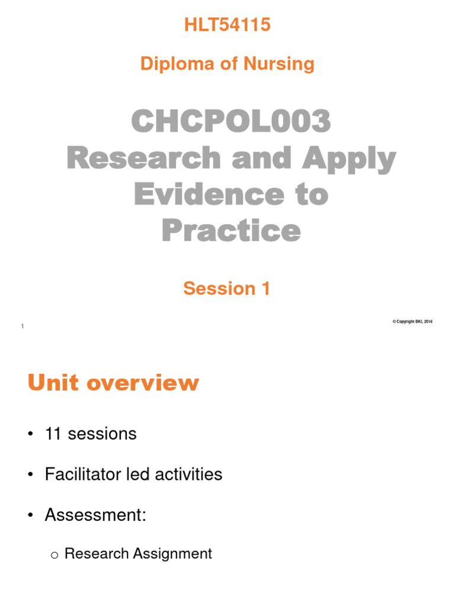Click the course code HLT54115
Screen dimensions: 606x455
coord(227,25)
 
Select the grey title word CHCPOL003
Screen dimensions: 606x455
coord(230,123)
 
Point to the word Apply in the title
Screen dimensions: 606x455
coord(355,159)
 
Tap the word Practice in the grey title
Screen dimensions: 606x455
coord(230,231)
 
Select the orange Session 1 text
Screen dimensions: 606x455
coord(227,288)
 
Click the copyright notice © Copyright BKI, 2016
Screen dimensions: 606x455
coord(412,321)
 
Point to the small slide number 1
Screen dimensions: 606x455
coord(22,327)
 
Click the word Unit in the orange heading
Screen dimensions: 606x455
coord(53,383)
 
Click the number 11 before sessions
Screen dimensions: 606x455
coord(54,434)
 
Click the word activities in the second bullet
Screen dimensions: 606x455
coord(187,474)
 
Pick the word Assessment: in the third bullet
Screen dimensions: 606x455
coord(95,515)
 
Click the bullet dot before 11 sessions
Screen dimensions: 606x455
coord(29,434)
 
